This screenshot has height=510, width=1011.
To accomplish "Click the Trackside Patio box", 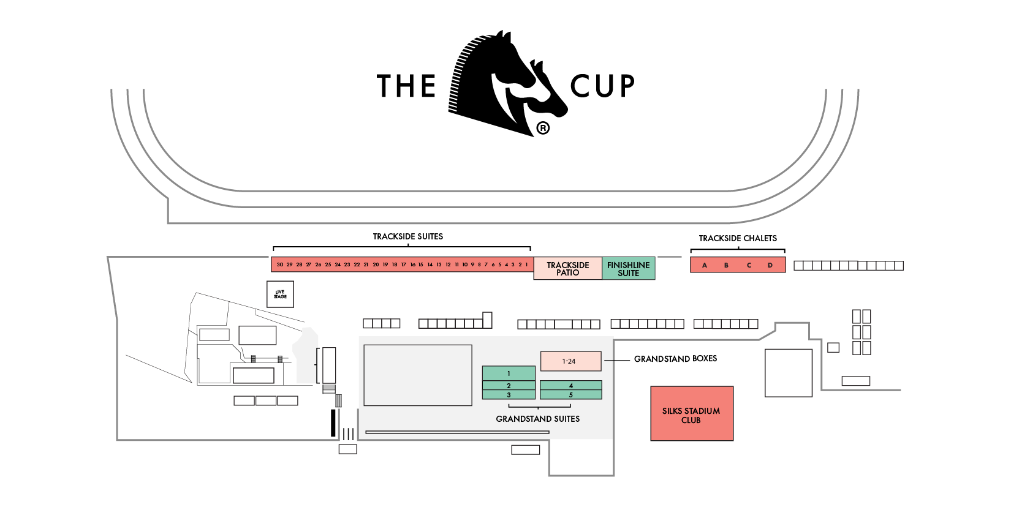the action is point(567,269).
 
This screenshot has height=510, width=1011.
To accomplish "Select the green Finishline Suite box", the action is point(628,269).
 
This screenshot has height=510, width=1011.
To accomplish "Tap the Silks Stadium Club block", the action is point(691,414).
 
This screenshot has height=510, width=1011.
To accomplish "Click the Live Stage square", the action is point(280,294).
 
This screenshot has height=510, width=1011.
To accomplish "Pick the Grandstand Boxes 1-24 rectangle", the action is point(570,361).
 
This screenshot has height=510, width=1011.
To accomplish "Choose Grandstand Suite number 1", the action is point(509,373).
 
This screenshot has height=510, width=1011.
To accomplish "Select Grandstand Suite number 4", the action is point(570,386).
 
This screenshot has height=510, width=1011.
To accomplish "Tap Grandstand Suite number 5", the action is point(570,395).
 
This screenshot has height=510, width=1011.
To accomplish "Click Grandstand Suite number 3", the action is point(509,395).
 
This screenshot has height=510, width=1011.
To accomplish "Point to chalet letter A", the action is point(705,265).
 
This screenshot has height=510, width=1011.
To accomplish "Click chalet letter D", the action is point(770,265).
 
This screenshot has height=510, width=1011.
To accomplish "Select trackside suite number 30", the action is point(280,264).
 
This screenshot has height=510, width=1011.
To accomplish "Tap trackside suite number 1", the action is point(526,264).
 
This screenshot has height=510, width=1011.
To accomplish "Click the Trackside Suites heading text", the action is point(407,236).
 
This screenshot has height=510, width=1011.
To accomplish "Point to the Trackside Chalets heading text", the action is point(738,238).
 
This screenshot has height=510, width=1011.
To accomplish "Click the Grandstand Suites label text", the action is point(537,419).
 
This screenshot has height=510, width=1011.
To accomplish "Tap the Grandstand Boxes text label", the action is point(675,359).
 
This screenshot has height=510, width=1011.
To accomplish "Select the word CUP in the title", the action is point(602,86).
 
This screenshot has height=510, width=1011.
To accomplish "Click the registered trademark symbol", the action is point(543,128).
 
